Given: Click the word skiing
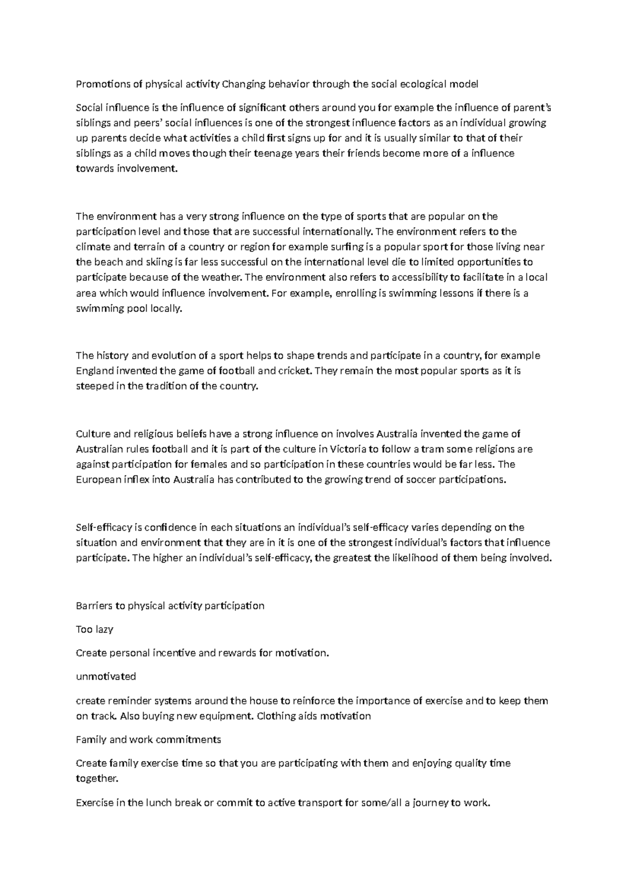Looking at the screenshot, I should pos(153,262).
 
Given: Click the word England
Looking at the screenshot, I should pos(95,371).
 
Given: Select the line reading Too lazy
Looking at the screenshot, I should pos(95,630).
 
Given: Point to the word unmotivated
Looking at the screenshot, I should pos(106,677).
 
